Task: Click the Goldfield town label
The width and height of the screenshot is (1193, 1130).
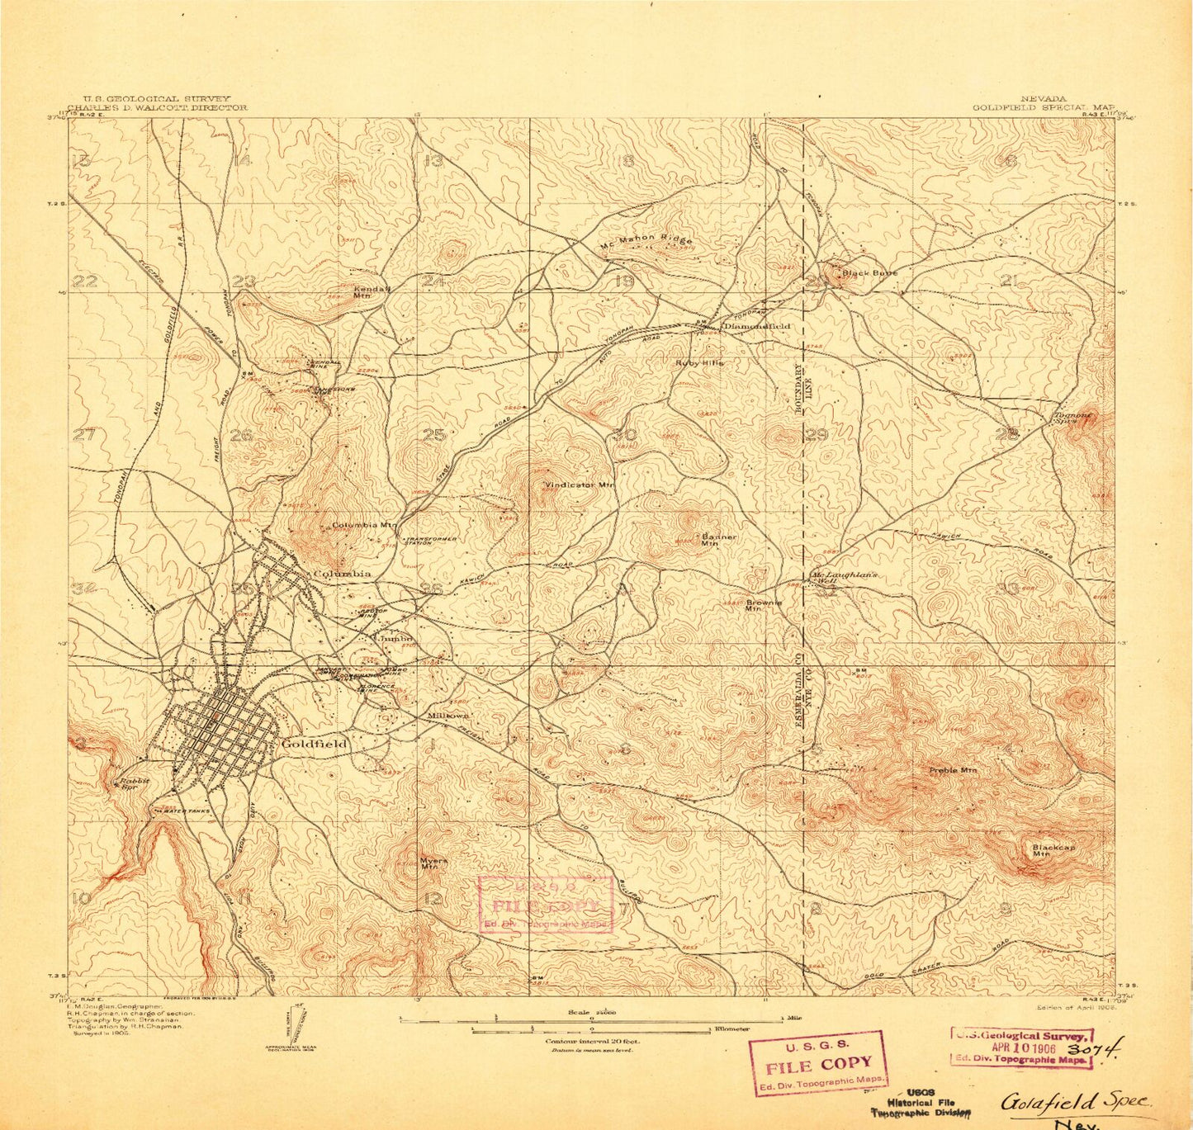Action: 315,743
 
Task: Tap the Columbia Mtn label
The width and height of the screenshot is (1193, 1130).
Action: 364,525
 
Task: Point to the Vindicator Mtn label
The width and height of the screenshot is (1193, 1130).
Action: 580,485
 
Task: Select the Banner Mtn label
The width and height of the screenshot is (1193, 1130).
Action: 718,540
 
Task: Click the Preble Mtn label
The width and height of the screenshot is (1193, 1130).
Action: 953,770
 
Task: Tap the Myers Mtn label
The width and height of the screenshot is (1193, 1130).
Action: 433,863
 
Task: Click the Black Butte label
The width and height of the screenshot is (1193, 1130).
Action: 869,272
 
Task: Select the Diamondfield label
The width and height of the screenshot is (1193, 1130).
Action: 756,326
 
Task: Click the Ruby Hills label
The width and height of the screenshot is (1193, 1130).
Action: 699,362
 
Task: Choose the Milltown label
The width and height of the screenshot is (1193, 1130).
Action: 448,715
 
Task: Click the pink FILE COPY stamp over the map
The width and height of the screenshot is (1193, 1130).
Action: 545,904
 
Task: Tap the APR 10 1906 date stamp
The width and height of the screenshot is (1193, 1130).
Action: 1023,1048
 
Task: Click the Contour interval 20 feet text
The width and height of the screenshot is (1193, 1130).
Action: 592,1041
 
